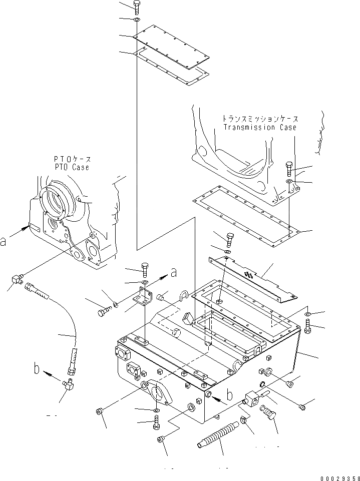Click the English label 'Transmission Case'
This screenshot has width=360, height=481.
click(x=259, y=127)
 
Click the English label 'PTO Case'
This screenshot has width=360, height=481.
click(x=71, y=167)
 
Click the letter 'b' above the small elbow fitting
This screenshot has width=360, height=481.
click(x=36, y=369)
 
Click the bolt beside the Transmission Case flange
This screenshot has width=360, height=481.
click(x=289, y=168)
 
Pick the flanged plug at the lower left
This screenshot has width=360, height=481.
click(x=100, y=411)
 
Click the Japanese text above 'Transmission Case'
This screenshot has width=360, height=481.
click(x=260, y=119)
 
